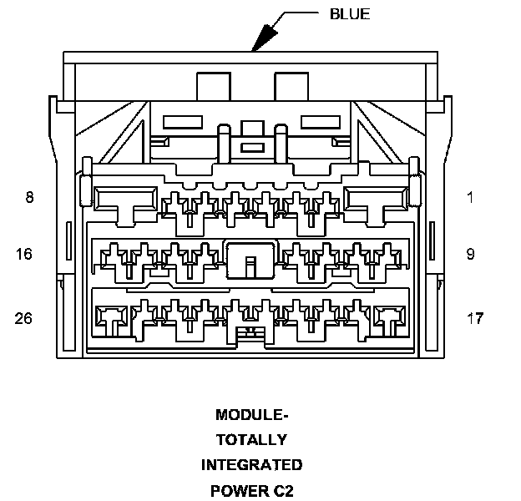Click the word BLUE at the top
coord(349,14)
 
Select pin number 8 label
coord(29,198)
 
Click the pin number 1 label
coord(470,198)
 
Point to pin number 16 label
coord(24,253)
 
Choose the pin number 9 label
coord(470,253)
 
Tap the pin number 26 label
coord(24,318)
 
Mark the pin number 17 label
coord(473,318)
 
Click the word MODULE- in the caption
coord(251,415)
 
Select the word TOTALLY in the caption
coord(251,440)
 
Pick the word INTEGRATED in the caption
coord(251,464)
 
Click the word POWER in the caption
coord(236,489)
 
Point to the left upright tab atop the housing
coord(213,88)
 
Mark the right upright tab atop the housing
coord(291,88)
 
